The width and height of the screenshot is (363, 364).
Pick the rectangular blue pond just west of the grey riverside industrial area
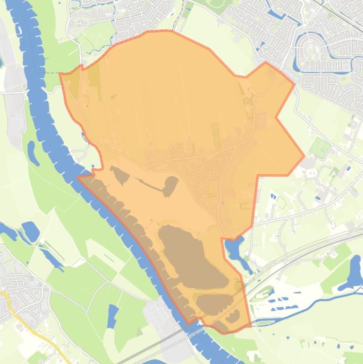112,316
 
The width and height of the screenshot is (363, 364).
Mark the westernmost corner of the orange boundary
60,73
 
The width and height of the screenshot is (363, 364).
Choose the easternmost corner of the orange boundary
304,156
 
